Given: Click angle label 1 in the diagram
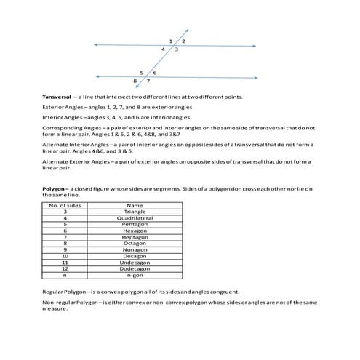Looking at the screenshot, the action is point(170,41).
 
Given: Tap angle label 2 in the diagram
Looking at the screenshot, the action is point(183,41).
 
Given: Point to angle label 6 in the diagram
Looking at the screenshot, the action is point(155,73).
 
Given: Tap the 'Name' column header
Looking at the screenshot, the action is point(135,205).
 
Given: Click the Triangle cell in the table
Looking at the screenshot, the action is point(135,212).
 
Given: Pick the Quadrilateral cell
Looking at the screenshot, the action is point(135,218).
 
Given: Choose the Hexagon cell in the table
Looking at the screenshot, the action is point(135,231).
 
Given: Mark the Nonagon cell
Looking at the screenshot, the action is point(135,249).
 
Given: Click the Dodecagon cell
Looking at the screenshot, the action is point(135,268).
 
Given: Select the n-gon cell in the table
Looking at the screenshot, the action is point(135,275).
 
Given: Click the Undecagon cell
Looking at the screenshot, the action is point(135,262).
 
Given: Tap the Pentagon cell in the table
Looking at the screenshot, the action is point(135,224).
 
